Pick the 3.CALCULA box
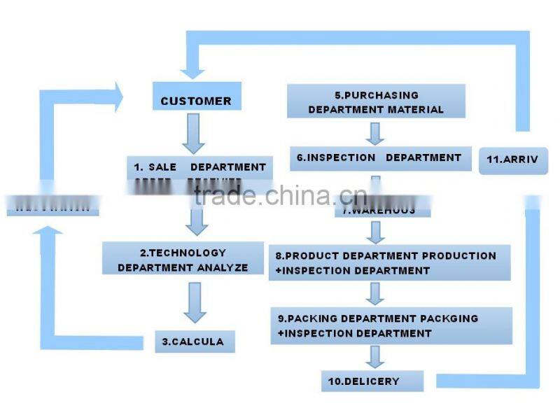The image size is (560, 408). tap(194, 341)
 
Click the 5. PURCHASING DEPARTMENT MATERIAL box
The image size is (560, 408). tap(376, 101)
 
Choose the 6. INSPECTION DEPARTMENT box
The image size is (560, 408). tap(379, 158)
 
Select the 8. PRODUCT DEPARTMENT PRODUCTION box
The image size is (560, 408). tap(389, 262)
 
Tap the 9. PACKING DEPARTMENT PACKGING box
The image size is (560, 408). tap(392, 325)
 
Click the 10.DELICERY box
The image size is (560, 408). tap(372, 381)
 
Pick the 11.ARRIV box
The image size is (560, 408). tap(513, 159)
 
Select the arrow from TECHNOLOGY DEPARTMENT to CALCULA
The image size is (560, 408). tap(194, 302)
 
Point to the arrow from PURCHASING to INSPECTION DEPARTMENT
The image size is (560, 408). tap(376, 132)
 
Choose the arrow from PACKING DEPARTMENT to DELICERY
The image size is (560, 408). tap(376, 356)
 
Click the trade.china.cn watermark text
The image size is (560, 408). tap(280, 195)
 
